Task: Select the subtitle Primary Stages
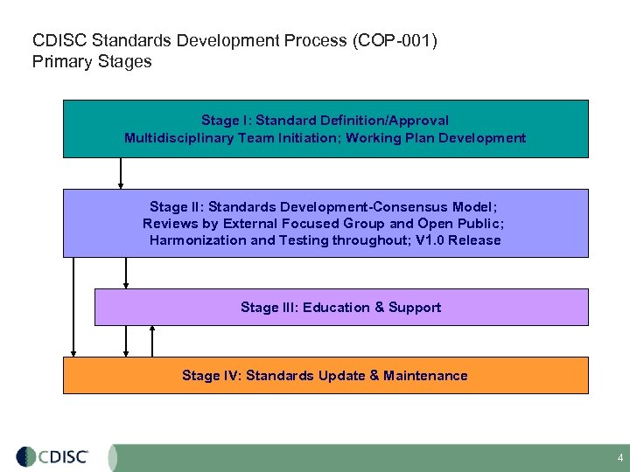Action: (x=92, y=62)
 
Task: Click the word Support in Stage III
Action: (x=415, y=307)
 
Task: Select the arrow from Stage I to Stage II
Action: (x=121, y=173)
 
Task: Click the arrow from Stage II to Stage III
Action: (x=127, y=273)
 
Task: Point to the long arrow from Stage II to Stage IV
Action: (x=74, y=307)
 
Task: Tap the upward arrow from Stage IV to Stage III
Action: (x=153, y=341)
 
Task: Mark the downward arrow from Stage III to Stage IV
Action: (x=127, y=341)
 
